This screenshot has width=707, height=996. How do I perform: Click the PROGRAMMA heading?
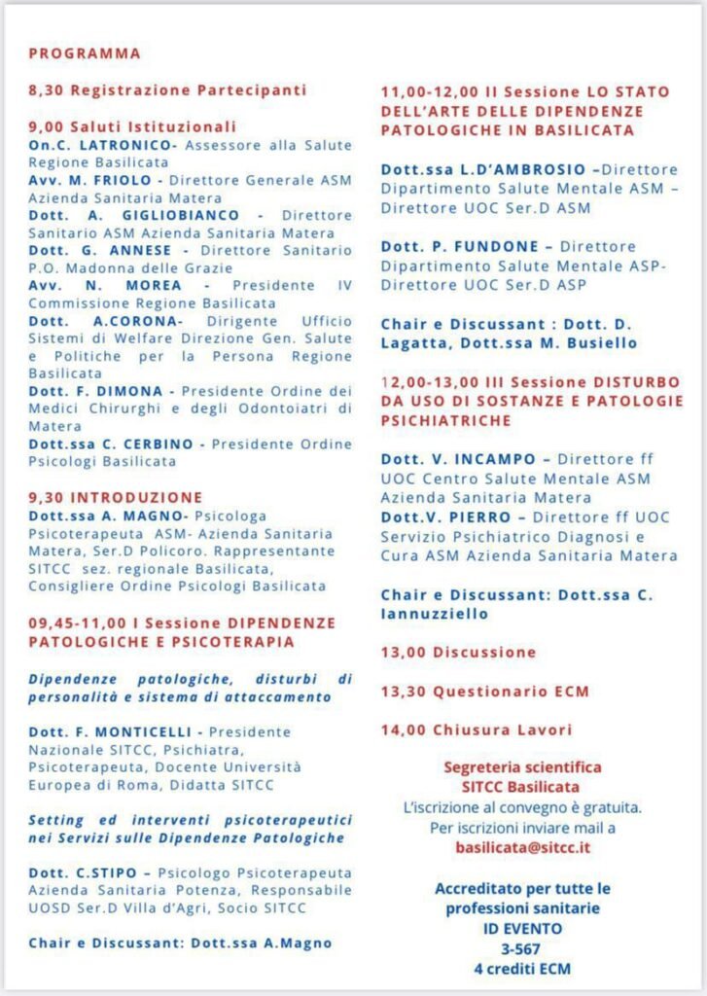click(85, 53)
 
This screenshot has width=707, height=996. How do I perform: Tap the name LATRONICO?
click(127, 145)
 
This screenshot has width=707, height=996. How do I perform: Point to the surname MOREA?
click(154, 285)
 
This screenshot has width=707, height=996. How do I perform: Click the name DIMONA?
click(130, 391)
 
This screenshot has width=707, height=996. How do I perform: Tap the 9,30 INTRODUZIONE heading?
click(116, 497)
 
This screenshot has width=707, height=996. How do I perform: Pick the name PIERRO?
click(486, 516)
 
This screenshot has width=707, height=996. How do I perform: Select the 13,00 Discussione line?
click(458, 652)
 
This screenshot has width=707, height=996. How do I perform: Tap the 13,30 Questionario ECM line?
click(484, 691)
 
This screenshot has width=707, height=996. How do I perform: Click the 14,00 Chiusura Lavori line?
click(477, 729)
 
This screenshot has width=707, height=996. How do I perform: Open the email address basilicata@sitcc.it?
click(522, 847)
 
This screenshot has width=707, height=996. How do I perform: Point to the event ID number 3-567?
click(522, 948)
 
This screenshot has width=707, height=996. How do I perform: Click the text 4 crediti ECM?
click(522, 968)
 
